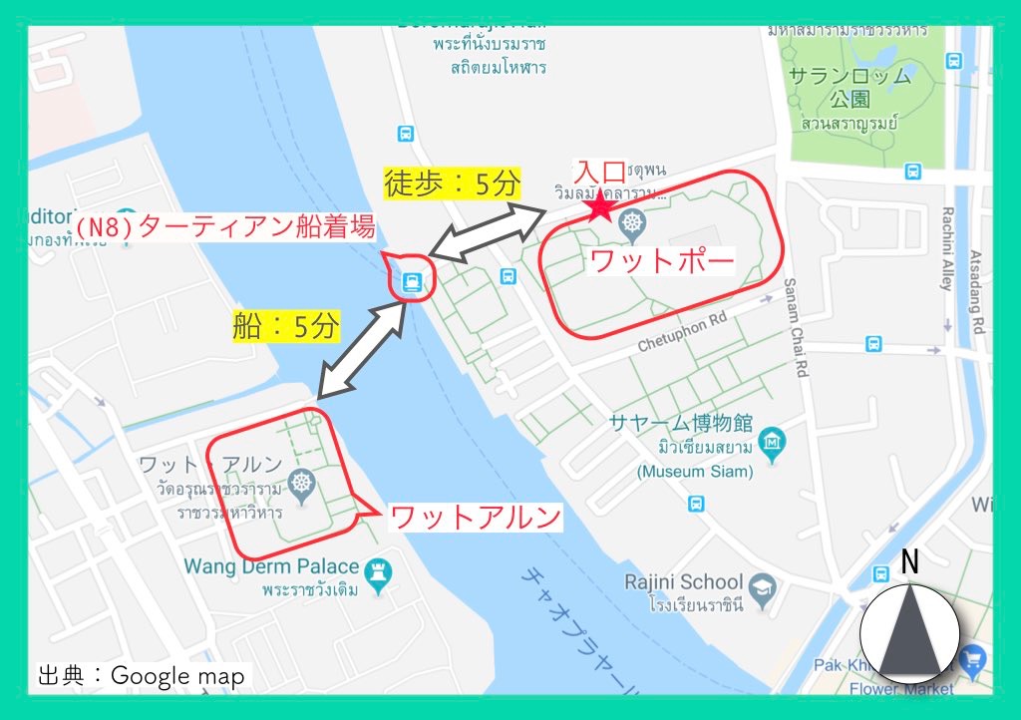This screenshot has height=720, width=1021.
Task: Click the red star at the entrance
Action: pyautogui.click(x=601, y=206)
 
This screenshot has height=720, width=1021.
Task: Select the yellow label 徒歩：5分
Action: pyautogui.click(x=452, y=182)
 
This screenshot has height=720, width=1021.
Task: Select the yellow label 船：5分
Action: pyautogui.click(x=286, y=326)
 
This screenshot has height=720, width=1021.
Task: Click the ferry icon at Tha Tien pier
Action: pyautogui.click(x=410, y=284)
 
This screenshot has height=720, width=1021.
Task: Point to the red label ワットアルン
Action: pyautogui.click(x=475, y=518)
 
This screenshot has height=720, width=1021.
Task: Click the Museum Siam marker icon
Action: pyautogui.click(x=772, y=442)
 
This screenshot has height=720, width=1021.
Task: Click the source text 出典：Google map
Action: pyautogui.click(x=141, y=675)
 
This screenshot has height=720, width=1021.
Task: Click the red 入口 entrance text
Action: pyautogui.click(x=598, y=171)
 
